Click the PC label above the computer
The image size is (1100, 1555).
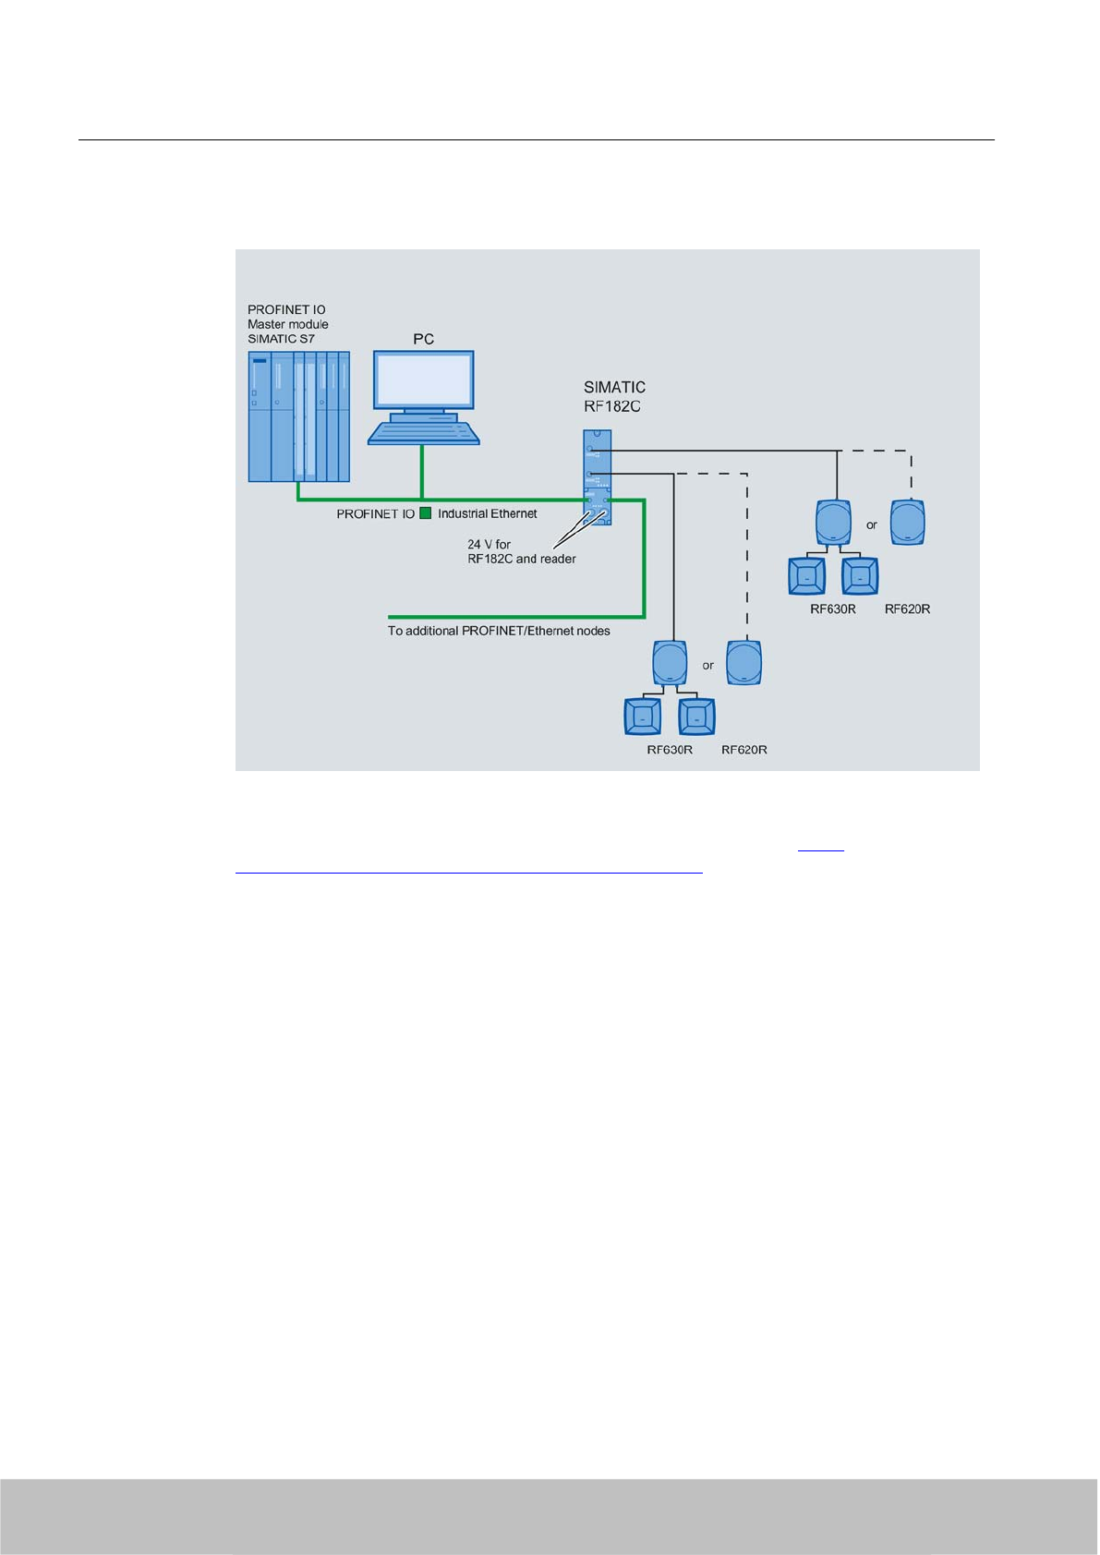click(423, 339)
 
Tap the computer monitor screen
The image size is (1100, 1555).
click(424, 380)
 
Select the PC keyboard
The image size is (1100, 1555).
click(424, 433)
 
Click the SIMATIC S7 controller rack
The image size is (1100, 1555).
click(298, 416)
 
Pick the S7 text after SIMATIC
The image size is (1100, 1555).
click(307, 339)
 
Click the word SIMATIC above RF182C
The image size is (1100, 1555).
click(614, 387)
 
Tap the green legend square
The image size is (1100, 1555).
click(426, 513)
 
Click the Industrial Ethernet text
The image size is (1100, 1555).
click(487, 513)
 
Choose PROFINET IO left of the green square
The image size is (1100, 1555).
click(375, 513)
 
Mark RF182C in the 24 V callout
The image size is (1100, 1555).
click(490, 559)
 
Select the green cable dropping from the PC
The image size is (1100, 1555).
click(422, 471)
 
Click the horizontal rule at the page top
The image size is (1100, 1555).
click(536, 140)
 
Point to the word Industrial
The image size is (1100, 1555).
click(463, 513)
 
